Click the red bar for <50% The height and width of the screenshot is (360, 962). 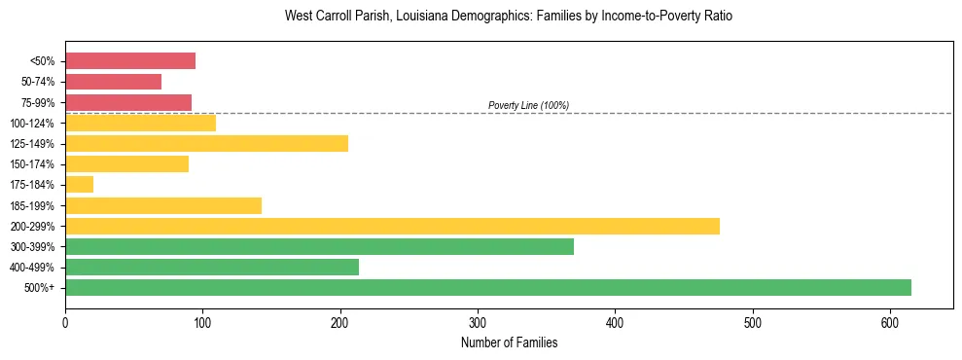pyautogui.click(x=130, y=61)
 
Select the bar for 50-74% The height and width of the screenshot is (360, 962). pyautogui.click(x=113, y=82)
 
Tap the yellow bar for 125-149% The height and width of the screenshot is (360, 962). pyautogui.click(x=206, y=144)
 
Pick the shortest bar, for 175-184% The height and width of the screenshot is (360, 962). pyautogui.click(x=79, y=185)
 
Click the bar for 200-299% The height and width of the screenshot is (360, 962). pyautogui.click(x=392, y=226)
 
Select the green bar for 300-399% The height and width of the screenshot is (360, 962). pyautogui.click(x=319, y=246)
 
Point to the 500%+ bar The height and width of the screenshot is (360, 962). pyautogui.click(x=487, y=287)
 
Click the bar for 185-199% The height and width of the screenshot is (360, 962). pyautogui.click(x=163, y=205)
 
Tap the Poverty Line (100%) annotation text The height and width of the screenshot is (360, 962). pyautogui.click(x=528, y=105)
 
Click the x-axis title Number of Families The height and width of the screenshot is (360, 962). pyautogui.click(x=509, y=342)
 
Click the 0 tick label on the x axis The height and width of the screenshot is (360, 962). pyautogui.click(x=65, y=322)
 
